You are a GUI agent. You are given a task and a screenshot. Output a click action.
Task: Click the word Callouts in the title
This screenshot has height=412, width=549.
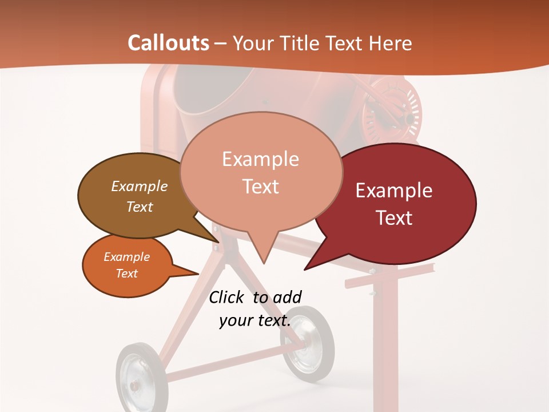tap(168, 43)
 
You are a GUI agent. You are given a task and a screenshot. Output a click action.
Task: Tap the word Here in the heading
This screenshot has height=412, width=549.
tap(391, 43)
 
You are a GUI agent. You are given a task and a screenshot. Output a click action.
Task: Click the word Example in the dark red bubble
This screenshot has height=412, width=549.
tap(394, 191)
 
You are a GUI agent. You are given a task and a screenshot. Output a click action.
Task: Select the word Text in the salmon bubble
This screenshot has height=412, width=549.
tap(261, 187)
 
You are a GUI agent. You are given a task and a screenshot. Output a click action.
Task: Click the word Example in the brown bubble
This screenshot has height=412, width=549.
tap(140, 186)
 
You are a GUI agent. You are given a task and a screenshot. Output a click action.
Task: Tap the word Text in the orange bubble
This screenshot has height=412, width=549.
tap(127, 274)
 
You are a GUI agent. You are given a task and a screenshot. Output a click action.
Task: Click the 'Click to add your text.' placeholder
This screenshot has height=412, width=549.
tap(255, 309)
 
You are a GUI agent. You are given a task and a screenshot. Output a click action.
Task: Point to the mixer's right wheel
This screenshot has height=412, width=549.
tap(307, 343)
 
